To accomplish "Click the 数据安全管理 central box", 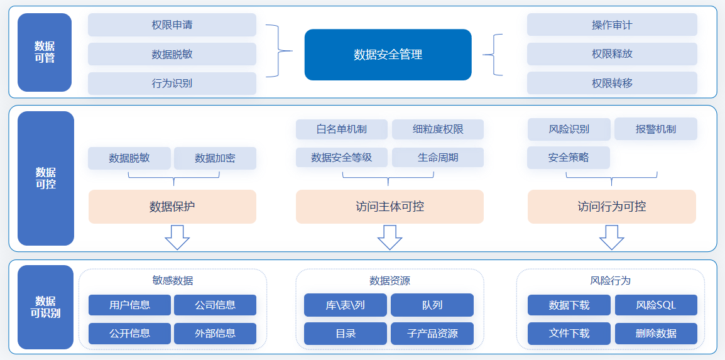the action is (x=388, y=55).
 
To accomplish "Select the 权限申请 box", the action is (x=172, y=25).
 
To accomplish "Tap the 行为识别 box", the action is (x=172, y=84).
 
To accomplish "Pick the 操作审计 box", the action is (x=612, y=25).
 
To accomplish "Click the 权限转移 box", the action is (x=612, y=83).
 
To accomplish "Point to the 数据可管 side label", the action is (x=45, y=52).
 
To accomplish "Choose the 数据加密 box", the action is (x=215, y=158).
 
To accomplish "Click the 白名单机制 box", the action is (x=342, y=129).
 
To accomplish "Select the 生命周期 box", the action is (x=438, y=158).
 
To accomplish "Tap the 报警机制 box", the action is (x=656, y=129).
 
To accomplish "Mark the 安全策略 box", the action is (x=569, y=158).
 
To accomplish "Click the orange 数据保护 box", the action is (x=173, y=207).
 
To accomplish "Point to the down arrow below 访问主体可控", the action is (x=390, y=237).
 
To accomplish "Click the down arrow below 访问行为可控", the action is (x=612, y=237).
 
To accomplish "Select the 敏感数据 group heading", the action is (x=173, y=280).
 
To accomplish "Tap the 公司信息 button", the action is (x=215, y=305).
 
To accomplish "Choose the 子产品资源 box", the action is (x=432, y=334).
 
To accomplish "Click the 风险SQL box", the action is (x=656, y=305).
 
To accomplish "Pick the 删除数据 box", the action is (x=656, y=333).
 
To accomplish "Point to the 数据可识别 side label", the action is (x=45, y=307).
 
